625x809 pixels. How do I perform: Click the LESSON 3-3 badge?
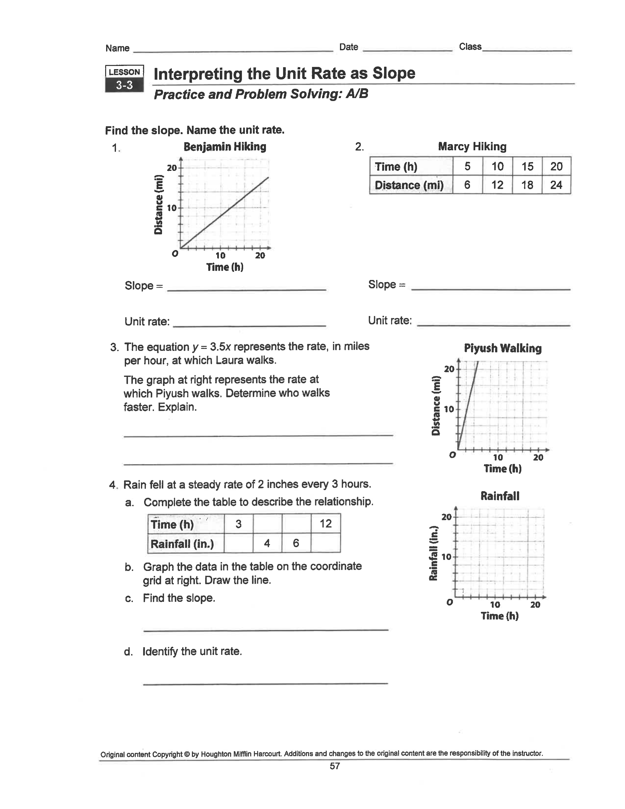pyautogui.click(x=125, y=78)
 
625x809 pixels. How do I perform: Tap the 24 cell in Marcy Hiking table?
pyautogui.click(x=556, y=185)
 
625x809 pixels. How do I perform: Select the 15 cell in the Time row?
pyautogui.click(x=527, y=166)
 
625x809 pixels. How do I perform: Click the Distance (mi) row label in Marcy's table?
pyautogui.click(x=409, y=185)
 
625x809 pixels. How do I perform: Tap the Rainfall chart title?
pyautogui.click(x=500, y=496)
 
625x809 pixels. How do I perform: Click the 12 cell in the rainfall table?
pyautogui.click(x=325, y=523)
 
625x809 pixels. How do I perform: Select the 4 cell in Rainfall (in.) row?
pyautogui.click(x=267, y=544)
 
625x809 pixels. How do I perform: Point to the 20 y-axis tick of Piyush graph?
pyautogui.click(x=449, y=369)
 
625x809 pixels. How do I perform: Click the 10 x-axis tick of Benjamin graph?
pyautogui.click(x=220, y=256)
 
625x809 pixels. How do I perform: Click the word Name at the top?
pyautogui.click(x=117, y=48)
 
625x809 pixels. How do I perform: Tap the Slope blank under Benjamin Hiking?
pyautogui.click(x=246, y=287)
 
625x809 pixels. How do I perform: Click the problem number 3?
pyautogui.click(x=114, y=347)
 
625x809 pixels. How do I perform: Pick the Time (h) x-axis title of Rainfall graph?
pyautogui.click(x=500, y=616)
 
